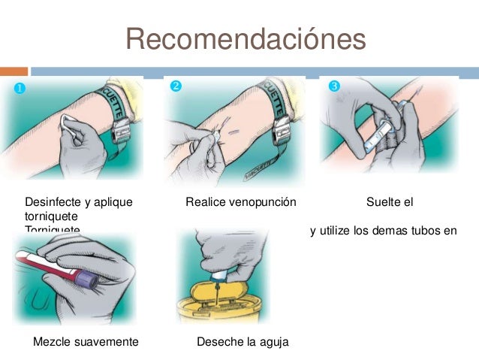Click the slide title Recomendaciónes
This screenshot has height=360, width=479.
coord(246,38)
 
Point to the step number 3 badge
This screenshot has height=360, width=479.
coord(335,86)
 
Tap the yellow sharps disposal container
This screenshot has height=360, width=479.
coord(217,304)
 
